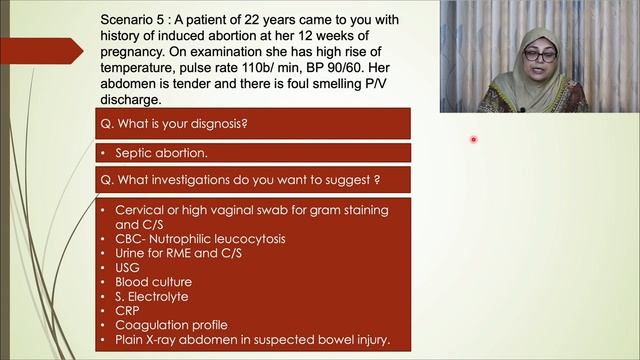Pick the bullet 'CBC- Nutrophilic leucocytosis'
199,239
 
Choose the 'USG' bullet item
128,267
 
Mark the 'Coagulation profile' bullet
171,324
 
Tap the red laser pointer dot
473,140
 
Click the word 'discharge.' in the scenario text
131,99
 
